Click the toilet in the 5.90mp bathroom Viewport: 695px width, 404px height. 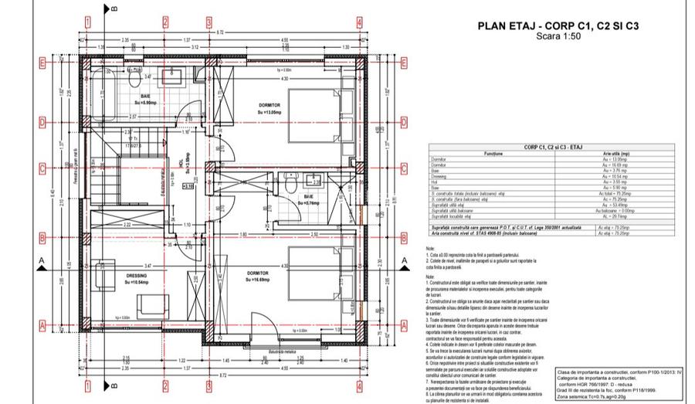[134, 78]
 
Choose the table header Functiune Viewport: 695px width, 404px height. [494, 153]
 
